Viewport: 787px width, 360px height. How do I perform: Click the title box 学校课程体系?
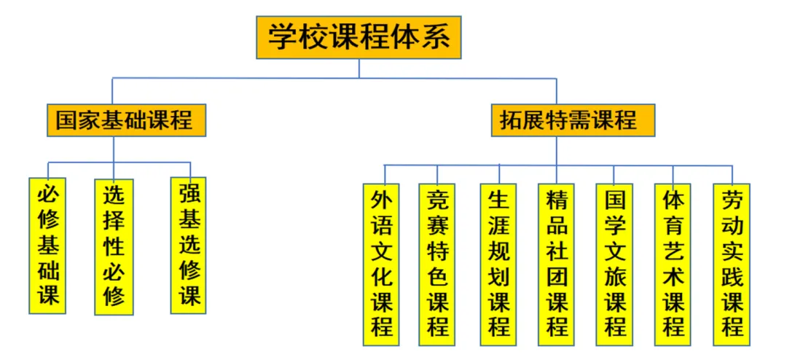click(359, 38)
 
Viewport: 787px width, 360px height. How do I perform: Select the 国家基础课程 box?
click(125, 120)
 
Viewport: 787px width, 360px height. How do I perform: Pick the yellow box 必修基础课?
click(49, 246)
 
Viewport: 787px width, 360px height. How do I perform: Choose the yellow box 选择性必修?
click(114, 246)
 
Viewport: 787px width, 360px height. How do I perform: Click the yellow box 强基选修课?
click(189, 245)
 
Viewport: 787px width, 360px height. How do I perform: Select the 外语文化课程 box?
click(382, 264)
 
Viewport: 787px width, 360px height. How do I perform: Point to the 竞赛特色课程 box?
click(437, 264)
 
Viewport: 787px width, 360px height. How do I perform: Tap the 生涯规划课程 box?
click(499, 264)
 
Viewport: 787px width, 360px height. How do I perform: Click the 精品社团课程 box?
click(557, 264)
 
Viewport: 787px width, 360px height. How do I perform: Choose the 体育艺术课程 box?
click(673, 264)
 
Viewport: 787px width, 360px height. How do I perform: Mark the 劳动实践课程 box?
click(732, 264)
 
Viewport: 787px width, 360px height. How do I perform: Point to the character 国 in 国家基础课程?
click(67, 120)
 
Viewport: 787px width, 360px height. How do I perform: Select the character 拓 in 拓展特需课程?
click(512, 120)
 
